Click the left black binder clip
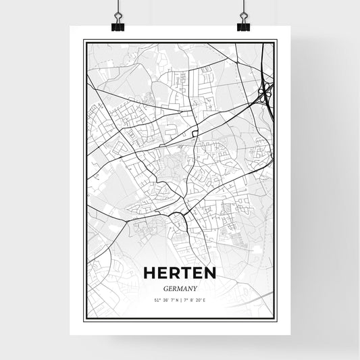(x=117, y=23)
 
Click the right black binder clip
(x=243, y=23)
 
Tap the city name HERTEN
(x=180, y=272)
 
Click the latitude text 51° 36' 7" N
(x=164, y=300)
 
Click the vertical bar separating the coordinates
(x=180, y=300)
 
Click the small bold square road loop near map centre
(x=195, y=134)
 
